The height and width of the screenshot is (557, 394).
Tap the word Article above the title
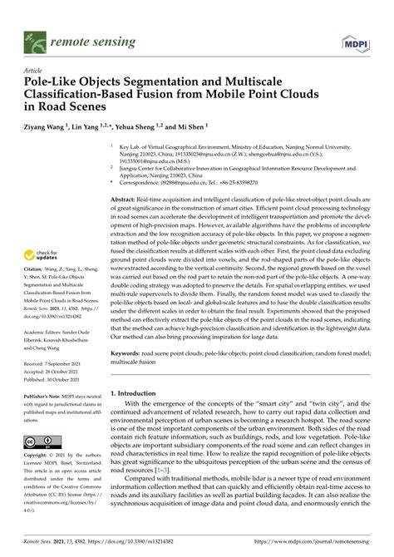(36, 71)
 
